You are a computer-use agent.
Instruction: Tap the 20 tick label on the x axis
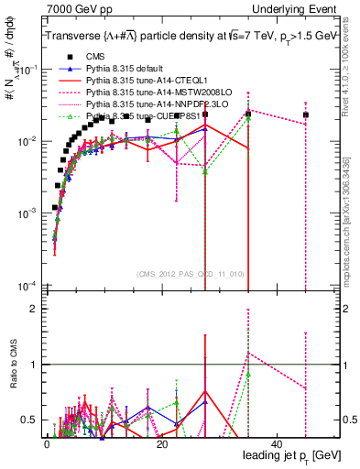click(x=162, y=443)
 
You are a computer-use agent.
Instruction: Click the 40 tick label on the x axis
click(x=278, y=443)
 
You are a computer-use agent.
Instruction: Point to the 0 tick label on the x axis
click(x=47, y=443)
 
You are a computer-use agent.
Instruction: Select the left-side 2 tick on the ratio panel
click(x=34, y=308)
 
